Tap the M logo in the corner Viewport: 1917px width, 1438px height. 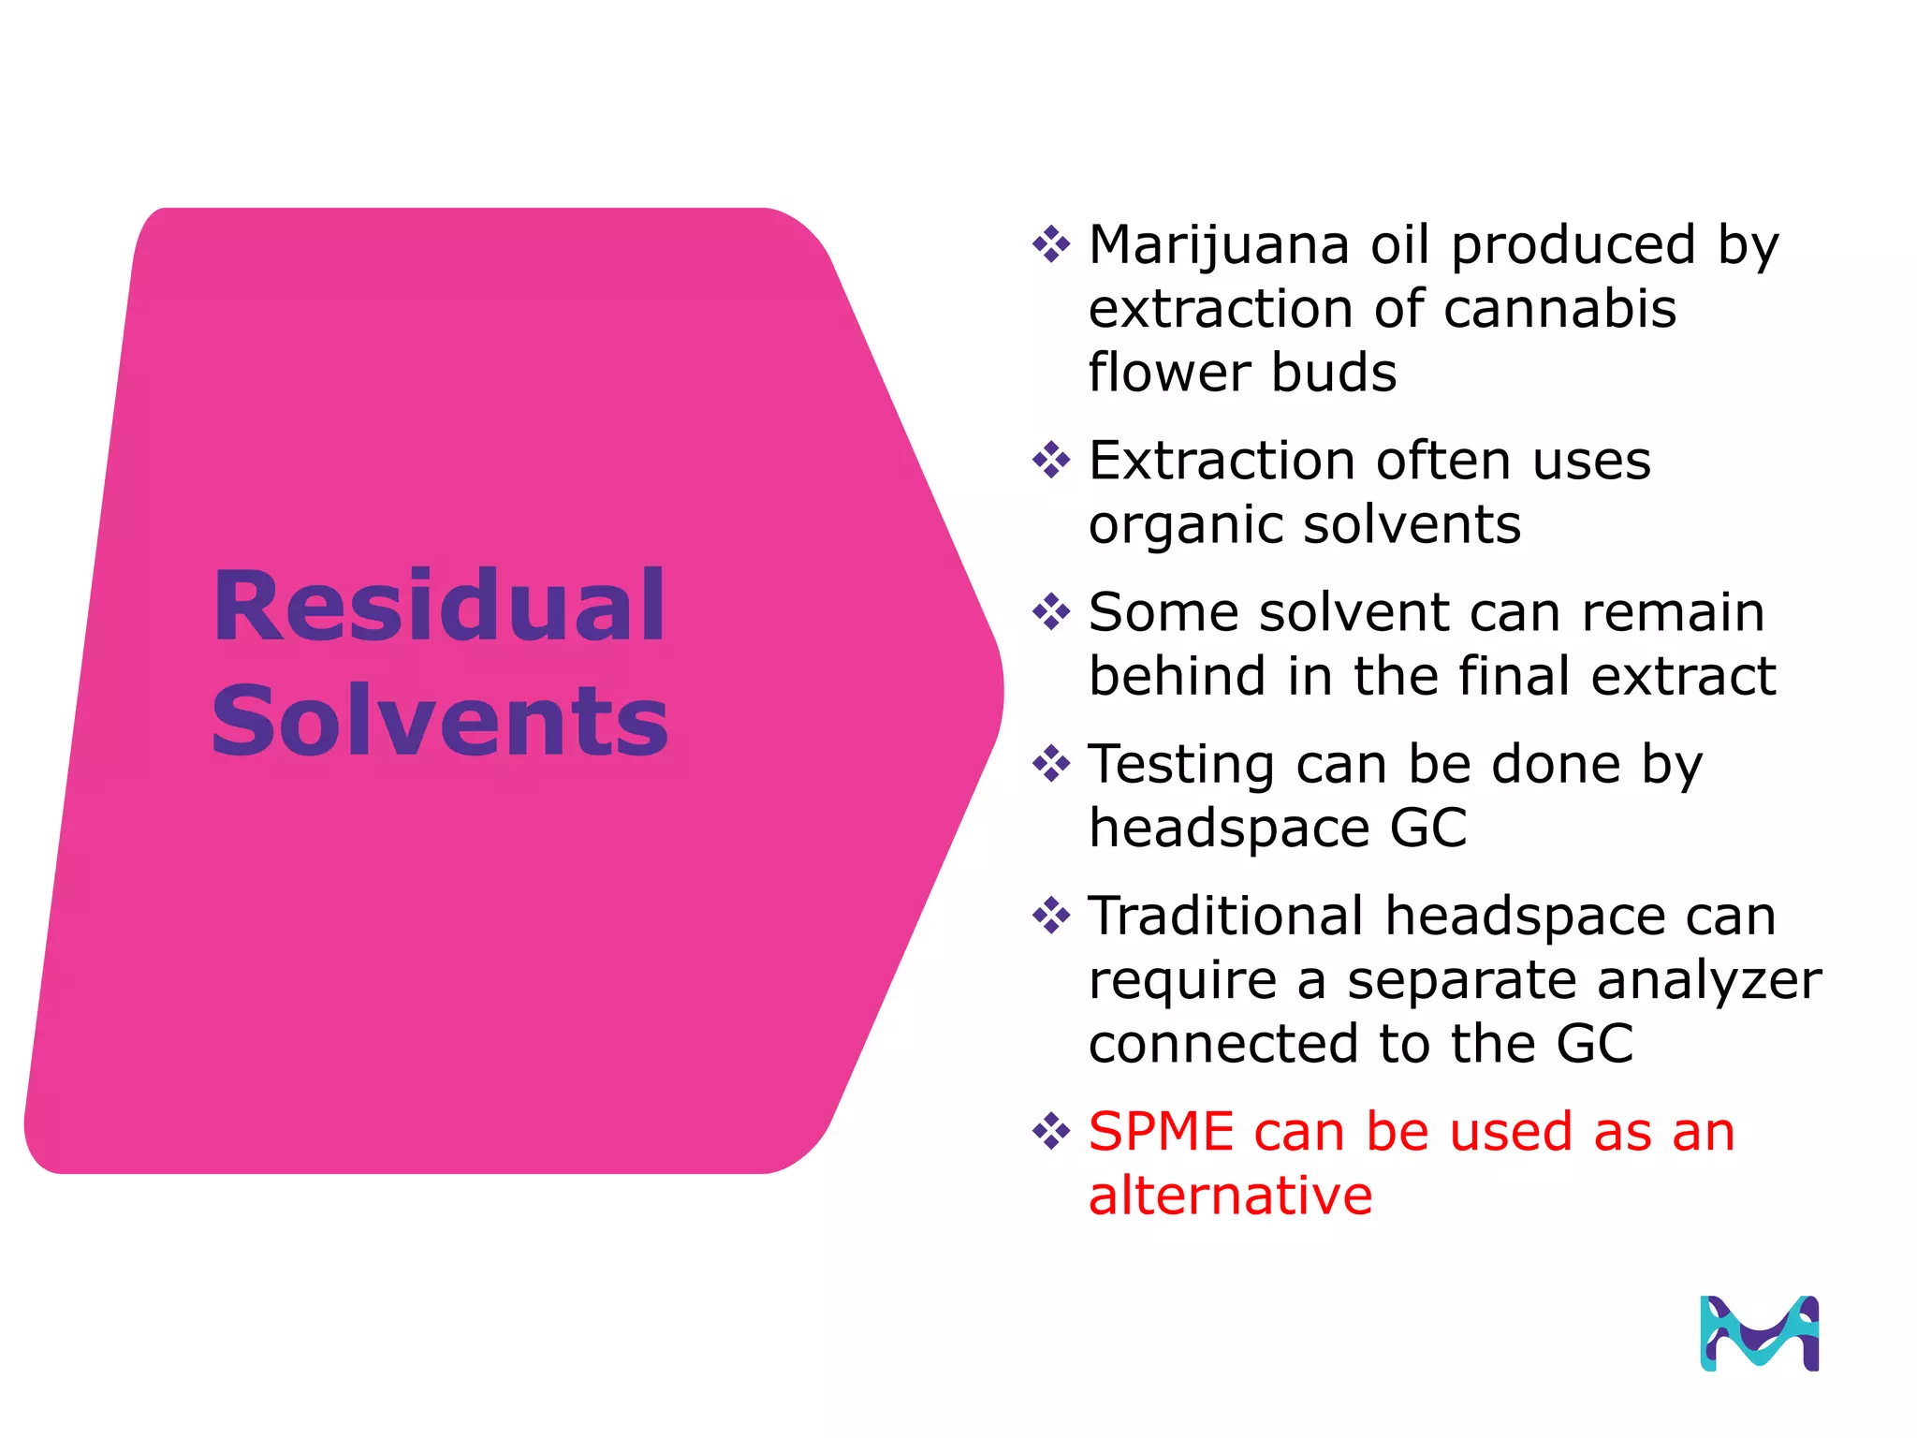[1759, 1333]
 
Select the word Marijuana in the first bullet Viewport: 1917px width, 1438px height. [1219, 245]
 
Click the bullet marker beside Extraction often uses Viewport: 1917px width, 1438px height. [1050, 460]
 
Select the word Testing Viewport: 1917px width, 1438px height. [1181, 766]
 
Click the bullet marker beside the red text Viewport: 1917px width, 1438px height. [1050, 1131]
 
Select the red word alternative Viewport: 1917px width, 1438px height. [1230, 1196]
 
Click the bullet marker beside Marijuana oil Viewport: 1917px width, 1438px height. [1050, 244]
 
